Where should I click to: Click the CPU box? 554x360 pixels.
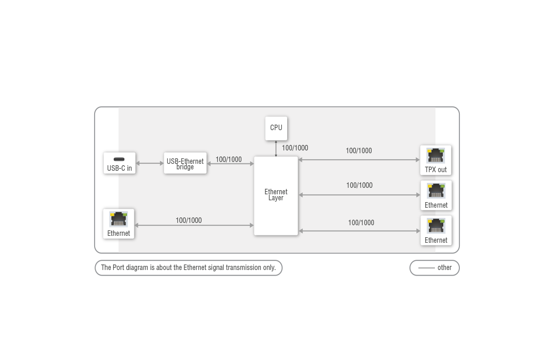tap(276, 128)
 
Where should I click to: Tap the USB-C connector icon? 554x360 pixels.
tap(119, 159)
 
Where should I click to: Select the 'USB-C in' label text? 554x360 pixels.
tap(120, 168)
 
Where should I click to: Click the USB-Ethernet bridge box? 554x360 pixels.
tap(185, 163)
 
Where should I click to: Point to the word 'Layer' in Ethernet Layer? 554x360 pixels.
tap(276, 198)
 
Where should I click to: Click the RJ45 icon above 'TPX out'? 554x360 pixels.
tap(435, 156)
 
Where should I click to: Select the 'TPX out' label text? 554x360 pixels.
tap(436, 170)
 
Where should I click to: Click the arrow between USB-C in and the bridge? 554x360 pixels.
tap(150, 163)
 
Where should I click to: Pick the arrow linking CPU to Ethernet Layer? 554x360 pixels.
tap(276, 148)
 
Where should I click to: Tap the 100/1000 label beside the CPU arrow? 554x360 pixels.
tap(295, 148)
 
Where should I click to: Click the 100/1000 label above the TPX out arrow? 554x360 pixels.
tap(359, 150)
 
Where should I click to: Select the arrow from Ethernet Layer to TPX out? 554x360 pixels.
tap(359, 160)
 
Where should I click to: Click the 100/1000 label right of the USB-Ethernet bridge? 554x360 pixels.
tap(229, 160)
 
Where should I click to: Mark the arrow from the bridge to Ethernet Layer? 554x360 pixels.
tap(230, 164)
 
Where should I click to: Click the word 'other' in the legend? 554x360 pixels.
tap(445, 268)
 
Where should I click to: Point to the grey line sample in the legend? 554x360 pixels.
tap(427, 268)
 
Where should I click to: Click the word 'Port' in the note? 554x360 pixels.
tap(118, 268)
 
